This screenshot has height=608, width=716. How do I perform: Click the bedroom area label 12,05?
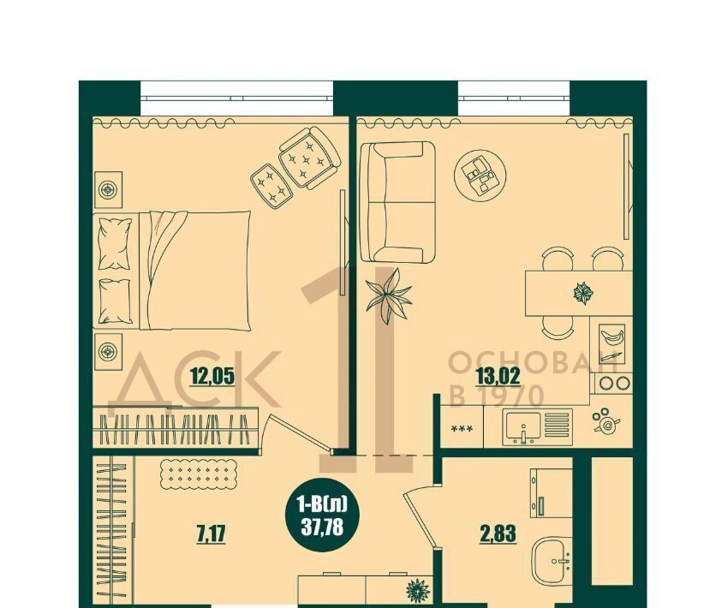point(212,377)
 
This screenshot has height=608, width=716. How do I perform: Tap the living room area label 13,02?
point(498,377)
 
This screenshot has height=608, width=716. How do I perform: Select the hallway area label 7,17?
point(211,533)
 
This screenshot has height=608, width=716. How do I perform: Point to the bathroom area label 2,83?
point(498,533)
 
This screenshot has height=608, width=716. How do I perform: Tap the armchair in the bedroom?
point(309,158)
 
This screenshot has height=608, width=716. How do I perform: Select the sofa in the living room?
point(397,202)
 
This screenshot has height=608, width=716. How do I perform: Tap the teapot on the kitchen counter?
point(606,420)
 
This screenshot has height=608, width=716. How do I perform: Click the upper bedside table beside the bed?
point(108,190)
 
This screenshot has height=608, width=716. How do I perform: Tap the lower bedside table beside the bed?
point(108,351)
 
